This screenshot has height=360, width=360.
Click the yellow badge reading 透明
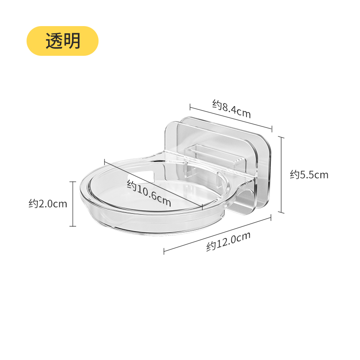[62, 41]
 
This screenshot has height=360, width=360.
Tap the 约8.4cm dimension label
[231, 109]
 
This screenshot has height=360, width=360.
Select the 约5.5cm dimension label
[309, 174]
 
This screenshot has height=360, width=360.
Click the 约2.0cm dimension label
[48, 204]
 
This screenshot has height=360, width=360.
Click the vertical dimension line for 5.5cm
[282, 175]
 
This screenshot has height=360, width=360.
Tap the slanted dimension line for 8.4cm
[229, 118]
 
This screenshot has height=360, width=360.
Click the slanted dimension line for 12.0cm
[218, 234]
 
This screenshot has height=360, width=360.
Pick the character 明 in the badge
[72, 41]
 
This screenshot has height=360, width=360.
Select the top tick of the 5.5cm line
[282, 137]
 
